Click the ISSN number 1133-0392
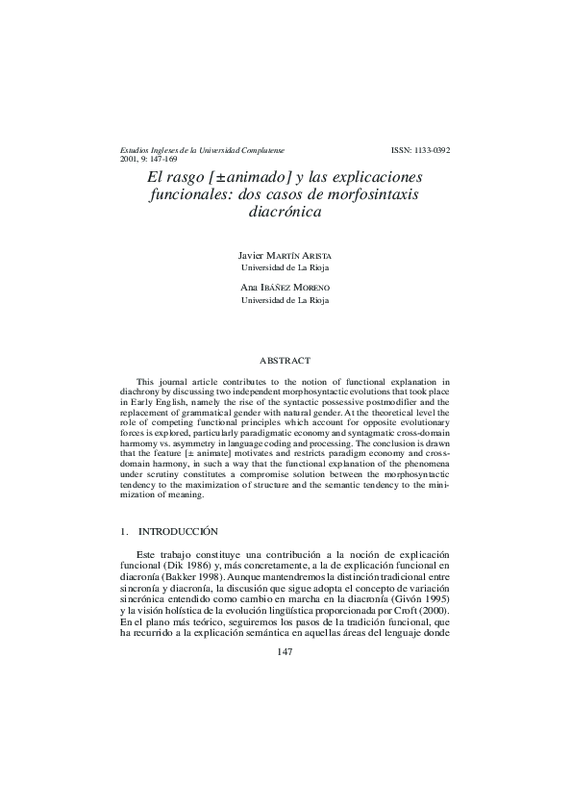tap(421, 151)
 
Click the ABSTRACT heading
tap(285, 360)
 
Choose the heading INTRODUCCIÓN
tap(179, 531)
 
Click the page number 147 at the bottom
tap(285, 651)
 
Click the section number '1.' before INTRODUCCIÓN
tap(124, 531)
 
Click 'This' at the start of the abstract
tap(146, 382)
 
